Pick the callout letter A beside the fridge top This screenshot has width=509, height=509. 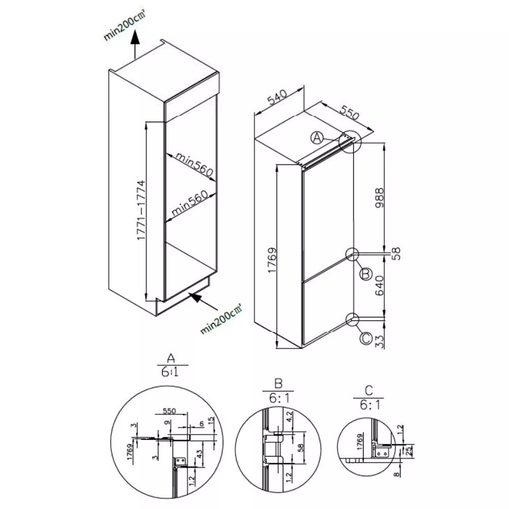coord(318,137)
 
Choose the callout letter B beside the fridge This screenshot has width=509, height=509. coord(364,274)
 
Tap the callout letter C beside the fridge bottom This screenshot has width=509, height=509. coord(364,337)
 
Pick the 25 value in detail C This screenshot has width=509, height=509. coord(408,451)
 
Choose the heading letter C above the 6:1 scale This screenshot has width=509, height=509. coord(369,391)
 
